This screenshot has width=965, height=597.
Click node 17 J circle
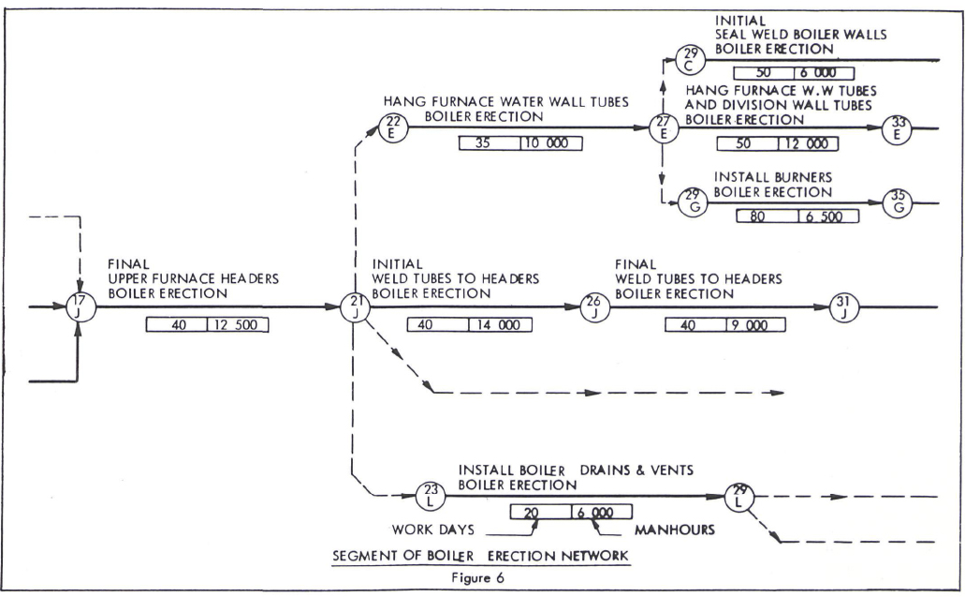(x=80, y=306)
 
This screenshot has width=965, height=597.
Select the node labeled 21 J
(x=353, y=306)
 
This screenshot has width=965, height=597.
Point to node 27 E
(x=665, y=127)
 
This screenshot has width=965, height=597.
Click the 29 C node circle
(x=692, y=60)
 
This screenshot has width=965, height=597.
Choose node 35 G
(x=899, y=202)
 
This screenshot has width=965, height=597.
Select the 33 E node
(x=899, y=127)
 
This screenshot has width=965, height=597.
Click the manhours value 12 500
(x=238, y=325)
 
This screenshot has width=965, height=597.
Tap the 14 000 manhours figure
(x=500, y=325)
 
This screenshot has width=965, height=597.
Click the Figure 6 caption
(x=479, y=577)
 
